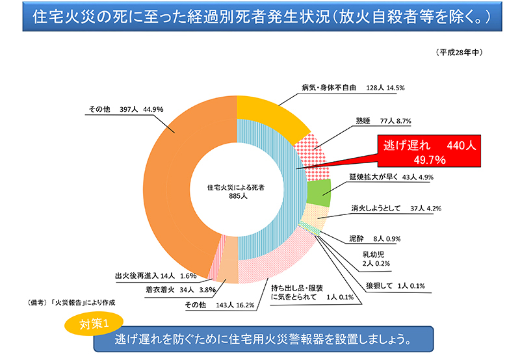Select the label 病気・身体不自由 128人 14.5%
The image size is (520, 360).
354,88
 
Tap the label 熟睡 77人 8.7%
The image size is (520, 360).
383,121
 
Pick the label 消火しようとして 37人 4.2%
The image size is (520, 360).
396,209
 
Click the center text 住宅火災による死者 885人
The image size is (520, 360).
237,190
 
